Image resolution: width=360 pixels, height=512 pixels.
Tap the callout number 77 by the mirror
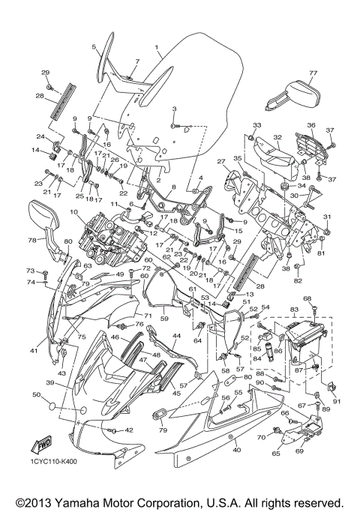coord(313,73)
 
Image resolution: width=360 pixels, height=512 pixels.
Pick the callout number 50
coord(37,394)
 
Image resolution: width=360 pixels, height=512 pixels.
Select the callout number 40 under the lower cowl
coord(237,450)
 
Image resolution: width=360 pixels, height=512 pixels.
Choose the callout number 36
coord(310,124)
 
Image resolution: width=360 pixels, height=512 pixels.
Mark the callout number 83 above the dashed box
coord(294,309)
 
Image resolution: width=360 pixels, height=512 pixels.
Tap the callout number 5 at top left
coord(94,46)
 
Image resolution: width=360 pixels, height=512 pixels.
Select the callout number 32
coord(277,137)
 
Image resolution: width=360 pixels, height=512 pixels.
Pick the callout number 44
coord(176,336)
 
